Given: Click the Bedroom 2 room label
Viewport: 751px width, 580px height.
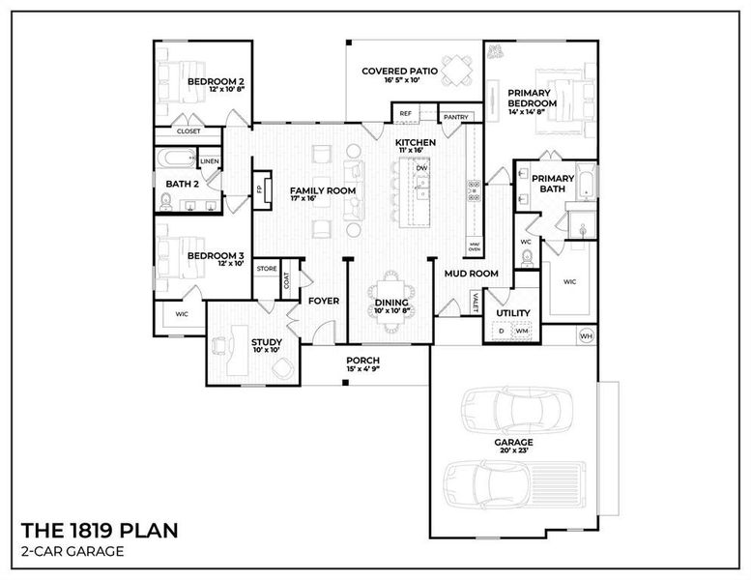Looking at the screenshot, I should click(x=215, y=82).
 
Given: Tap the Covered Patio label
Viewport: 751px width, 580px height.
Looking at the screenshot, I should click(x=399, y=71).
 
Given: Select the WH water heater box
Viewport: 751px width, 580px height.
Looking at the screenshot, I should click(x=586, y=336).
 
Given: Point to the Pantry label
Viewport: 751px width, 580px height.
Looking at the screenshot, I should click(x=456, y=117).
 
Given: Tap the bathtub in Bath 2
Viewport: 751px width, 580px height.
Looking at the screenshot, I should click(x=174, y=159).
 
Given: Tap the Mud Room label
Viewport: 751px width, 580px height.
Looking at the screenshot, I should click(x=471, y=274).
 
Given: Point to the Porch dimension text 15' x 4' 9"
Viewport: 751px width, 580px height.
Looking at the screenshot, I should click(x=363, y=368).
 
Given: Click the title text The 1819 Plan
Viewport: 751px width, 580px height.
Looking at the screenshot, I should click(x=100, y=531).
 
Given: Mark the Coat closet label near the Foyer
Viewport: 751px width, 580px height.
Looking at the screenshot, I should click(x=287, y=280).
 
